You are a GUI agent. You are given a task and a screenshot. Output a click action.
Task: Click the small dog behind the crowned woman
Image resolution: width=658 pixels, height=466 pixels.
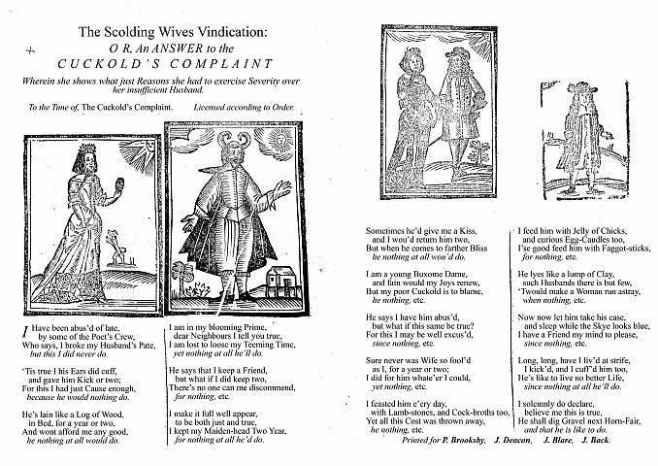coord(122,258)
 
